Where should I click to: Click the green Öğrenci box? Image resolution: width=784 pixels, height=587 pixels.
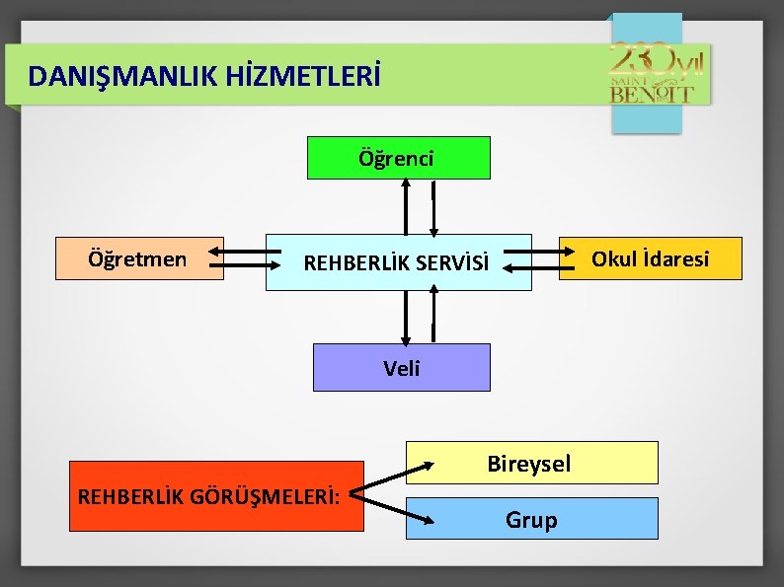coord(398,158)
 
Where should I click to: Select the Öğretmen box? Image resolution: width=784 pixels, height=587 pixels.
coord(139,259)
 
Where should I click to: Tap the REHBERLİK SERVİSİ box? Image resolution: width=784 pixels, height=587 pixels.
coord(398,262)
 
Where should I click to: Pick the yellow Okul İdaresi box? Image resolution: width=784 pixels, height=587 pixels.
coord(650,258)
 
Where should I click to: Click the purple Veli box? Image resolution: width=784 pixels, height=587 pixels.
coord(401,368)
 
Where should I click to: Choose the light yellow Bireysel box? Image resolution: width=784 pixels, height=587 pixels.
coord(530,463)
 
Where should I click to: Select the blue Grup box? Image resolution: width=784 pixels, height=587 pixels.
coord(531,519)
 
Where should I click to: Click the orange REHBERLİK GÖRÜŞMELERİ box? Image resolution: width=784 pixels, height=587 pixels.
coord(216,496)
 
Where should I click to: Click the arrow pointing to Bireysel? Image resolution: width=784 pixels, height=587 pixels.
coord(391,473)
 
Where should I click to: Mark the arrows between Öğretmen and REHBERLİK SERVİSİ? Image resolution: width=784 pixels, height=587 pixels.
coord(246,258)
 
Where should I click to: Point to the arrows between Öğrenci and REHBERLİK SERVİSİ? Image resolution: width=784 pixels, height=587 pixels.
coord(419,206)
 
